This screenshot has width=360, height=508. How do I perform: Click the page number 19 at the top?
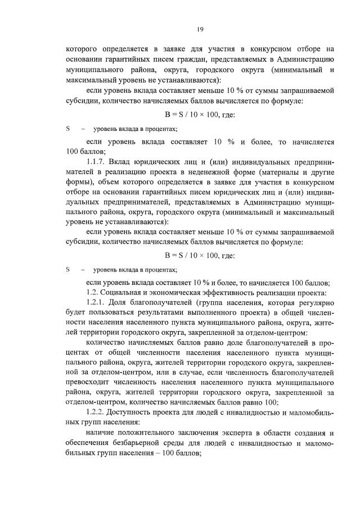pyautogui.click(x=200, y=29)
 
